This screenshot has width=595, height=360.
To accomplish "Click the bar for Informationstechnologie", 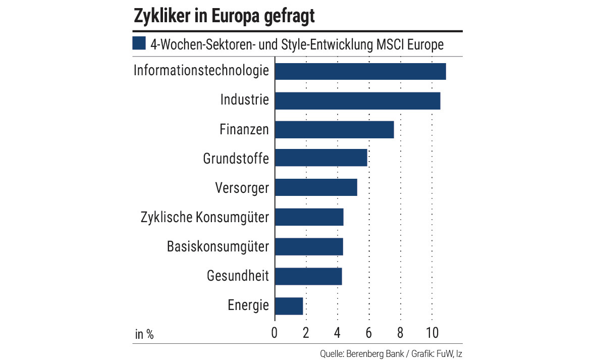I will (360, 72).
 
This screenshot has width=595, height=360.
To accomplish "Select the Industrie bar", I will (357, 101).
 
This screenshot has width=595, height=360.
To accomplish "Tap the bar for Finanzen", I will (334, 130).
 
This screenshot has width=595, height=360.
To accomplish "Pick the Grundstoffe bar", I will (321, 159).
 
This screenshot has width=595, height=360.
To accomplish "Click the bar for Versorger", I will (316, 187).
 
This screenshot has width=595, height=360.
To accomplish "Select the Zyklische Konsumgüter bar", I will (309, 217).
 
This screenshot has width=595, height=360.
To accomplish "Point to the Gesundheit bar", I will (308, 277).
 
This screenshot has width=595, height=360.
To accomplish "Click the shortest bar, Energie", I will (289, 306).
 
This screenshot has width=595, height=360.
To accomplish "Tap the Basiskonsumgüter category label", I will (218, 247).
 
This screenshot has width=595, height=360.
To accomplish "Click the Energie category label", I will (248, 306).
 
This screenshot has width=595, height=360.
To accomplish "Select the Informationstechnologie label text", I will (201, 70).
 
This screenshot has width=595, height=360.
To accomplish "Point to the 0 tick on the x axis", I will (275, 333).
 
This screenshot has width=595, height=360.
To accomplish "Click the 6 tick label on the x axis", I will (369, 333).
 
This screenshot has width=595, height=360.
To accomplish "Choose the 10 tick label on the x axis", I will (432, 333).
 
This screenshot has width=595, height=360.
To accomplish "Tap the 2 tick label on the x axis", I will (306, 333).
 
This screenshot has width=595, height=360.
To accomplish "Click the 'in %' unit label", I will (144, 334).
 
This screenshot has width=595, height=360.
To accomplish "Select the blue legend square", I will (139, 44).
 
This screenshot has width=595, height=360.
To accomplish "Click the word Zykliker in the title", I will (161, 16).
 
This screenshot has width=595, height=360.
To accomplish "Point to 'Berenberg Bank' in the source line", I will (374, 353).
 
